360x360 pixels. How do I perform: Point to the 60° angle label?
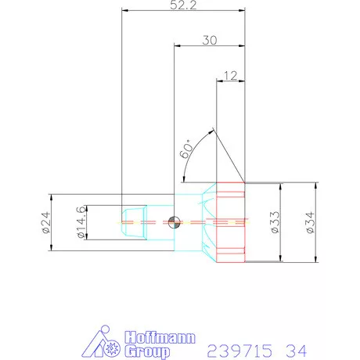click(185, 149)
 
